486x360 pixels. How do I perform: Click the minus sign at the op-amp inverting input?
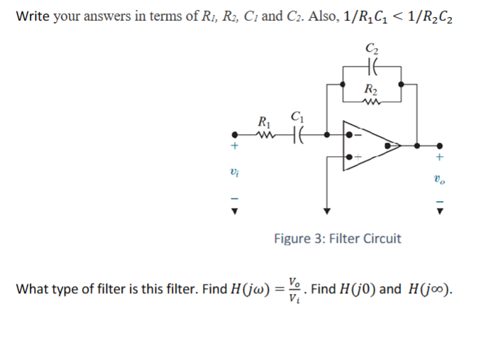point(358,133)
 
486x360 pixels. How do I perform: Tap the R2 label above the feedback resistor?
point(370,89)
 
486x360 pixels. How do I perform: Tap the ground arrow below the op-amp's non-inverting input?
point(326,209)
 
